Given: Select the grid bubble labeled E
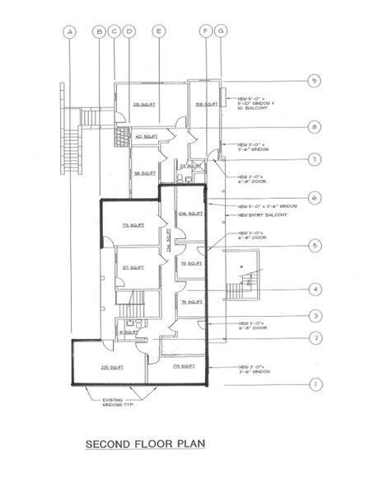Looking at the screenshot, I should point(157,32).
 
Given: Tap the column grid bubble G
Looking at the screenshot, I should point(221,32).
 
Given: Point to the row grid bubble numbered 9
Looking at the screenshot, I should point(314,81).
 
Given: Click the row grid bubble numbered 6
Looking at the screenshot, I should point(314,198).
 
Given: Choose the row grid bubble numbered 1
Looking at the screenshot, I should point(314,384).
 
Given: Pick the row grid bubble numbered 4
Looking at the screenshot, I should point(314,290).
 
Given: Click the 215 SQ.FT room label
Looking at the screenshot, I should point(144,104).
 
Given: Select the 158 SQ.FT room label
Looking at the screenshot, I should point(205,104).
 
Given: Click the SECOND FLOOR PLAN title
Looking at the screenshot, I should point(149,446).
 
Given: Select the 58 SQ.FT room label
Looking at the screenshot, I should point(145,173).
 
